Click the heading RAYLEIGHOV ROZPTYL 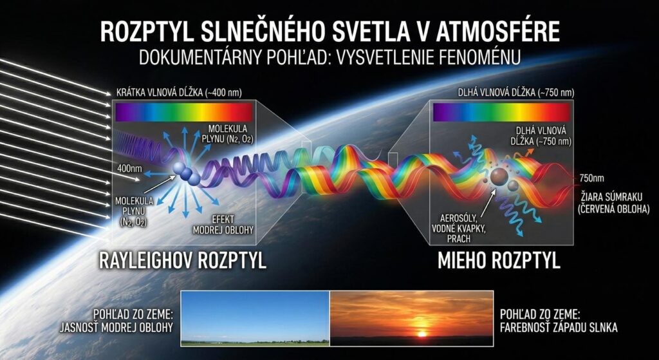pos(182,261)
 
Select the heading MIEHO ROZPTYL pos(499,261)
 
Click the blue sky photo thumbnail pos(255,318)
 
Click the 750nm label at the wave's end pos(591,178)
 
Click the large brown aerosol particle pos(499,176)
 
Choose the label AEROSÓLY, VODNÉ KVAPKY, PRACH pos(458,228)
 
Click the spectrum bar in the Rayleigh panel pos(183,113)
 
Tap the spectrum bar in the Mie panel pos(501,113)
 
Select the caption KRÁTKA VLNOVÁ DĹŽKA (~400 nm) pos(179,93)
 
